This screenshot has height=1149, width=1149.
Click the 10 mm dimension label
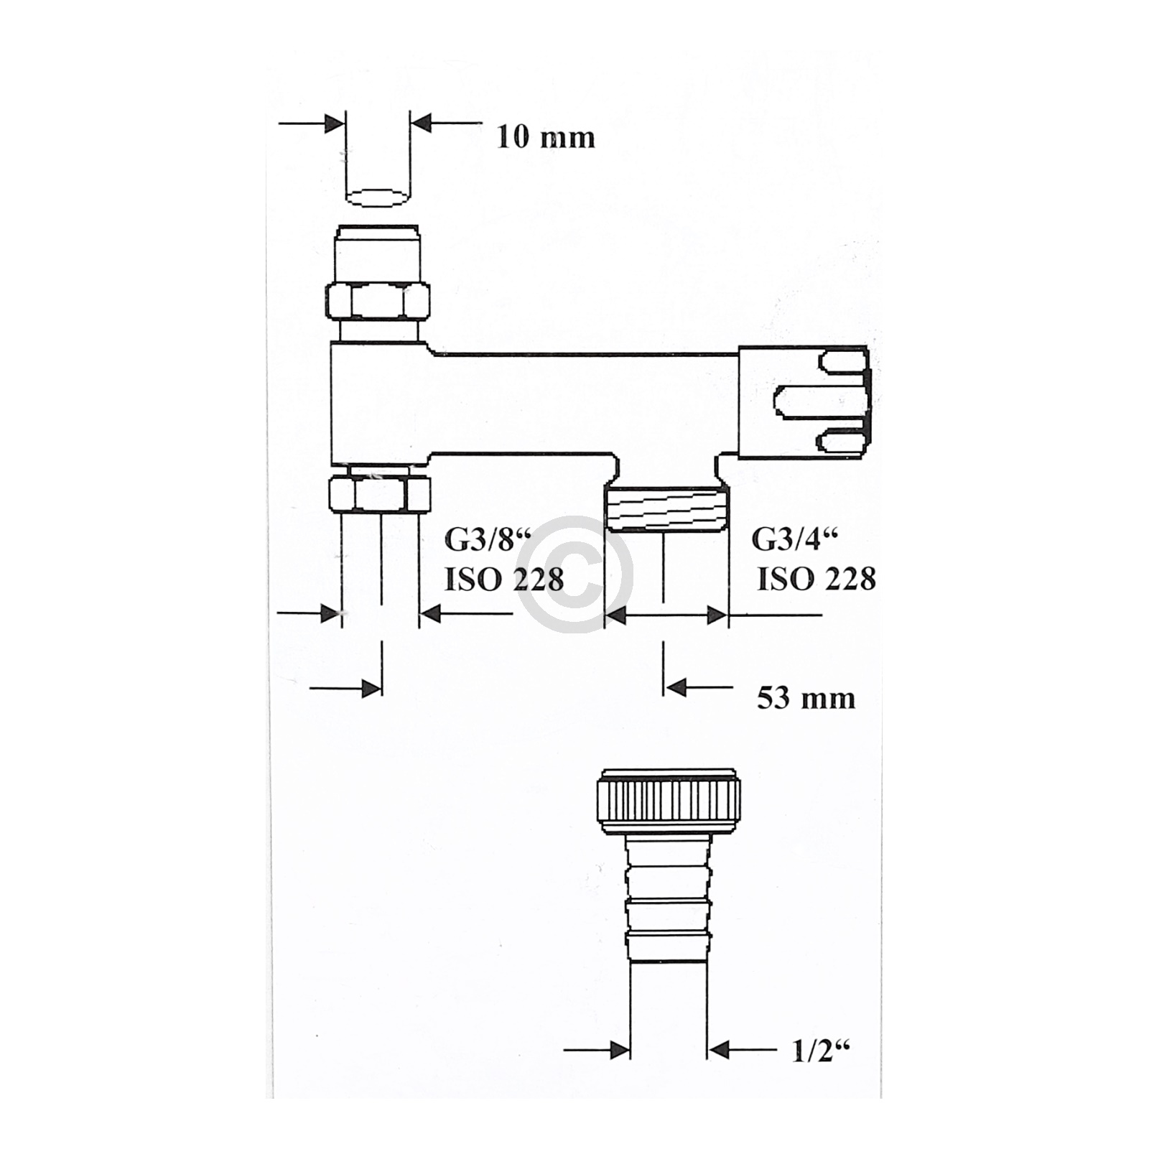click(x=546, y=136)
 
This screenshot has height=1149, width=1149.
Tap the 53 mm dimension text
click(x=806, y=697)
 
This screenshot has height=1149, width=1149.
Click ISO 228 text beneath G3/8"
click(x=504, y=580)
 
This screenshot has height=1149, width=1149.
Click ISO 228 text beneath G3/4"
click(x=817, y=579)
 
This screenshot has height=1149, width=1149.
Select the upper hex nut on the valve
click(x=378, y=301)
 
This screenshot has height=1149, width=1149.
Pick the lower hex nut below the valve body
click(x=378, y=494)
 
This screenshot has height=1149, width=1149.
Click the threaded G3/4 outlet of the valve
click(x=666, y=508)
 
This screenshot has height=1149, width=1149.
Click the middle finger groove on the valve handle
click(x=819, y=400)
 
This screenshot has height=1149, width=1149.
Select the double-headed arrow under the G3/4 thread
click(x=666, y=615)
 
